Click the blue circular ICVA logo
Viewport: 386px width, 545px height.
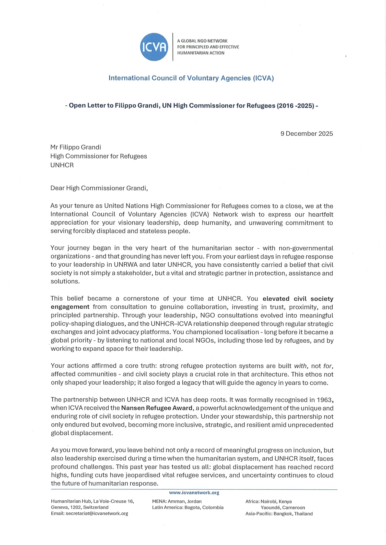click(x=154, y=47)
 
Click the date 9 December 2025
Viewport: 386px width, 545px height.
click(x=307, y=134)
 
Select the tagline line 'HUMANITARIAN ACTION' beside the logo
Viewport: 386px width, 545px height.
click(x=201, y=53)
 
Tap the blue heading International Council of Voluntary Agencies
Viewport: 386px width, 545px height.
click(x=191, y=78)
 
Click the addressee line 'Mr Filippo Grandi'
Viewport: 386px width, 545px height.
click(x=76, y=147)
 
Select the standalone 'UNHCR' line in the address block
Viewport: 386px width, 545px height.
click(x=62, y=165)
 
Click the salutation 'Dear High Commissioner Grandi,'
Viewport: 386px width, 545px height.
click(x=99, y=188)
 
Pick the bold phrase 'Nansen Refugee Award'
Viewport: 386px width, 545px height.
click(x=157, y=408)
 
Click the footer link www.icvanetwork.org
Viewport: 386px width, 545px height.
click(x=194, y=492)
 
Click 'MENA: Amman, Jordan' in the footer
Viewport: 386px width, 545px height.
click(x=177, y=501)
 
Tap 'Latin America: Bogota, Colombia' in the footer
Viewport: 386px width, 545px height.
click(x=188, y=507)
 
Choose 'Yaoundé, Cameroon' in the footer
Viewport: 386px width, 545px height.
click(x=283, y=508)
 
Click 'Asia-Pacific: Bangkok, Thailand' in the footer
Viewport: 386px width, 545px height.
click(x=279, y=514)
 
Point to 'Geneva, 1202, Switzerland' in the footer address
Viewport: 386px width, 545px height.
click(x=80, y=507)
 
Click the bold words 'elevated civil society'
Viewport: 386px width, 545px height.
click(x=298, y=299)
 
